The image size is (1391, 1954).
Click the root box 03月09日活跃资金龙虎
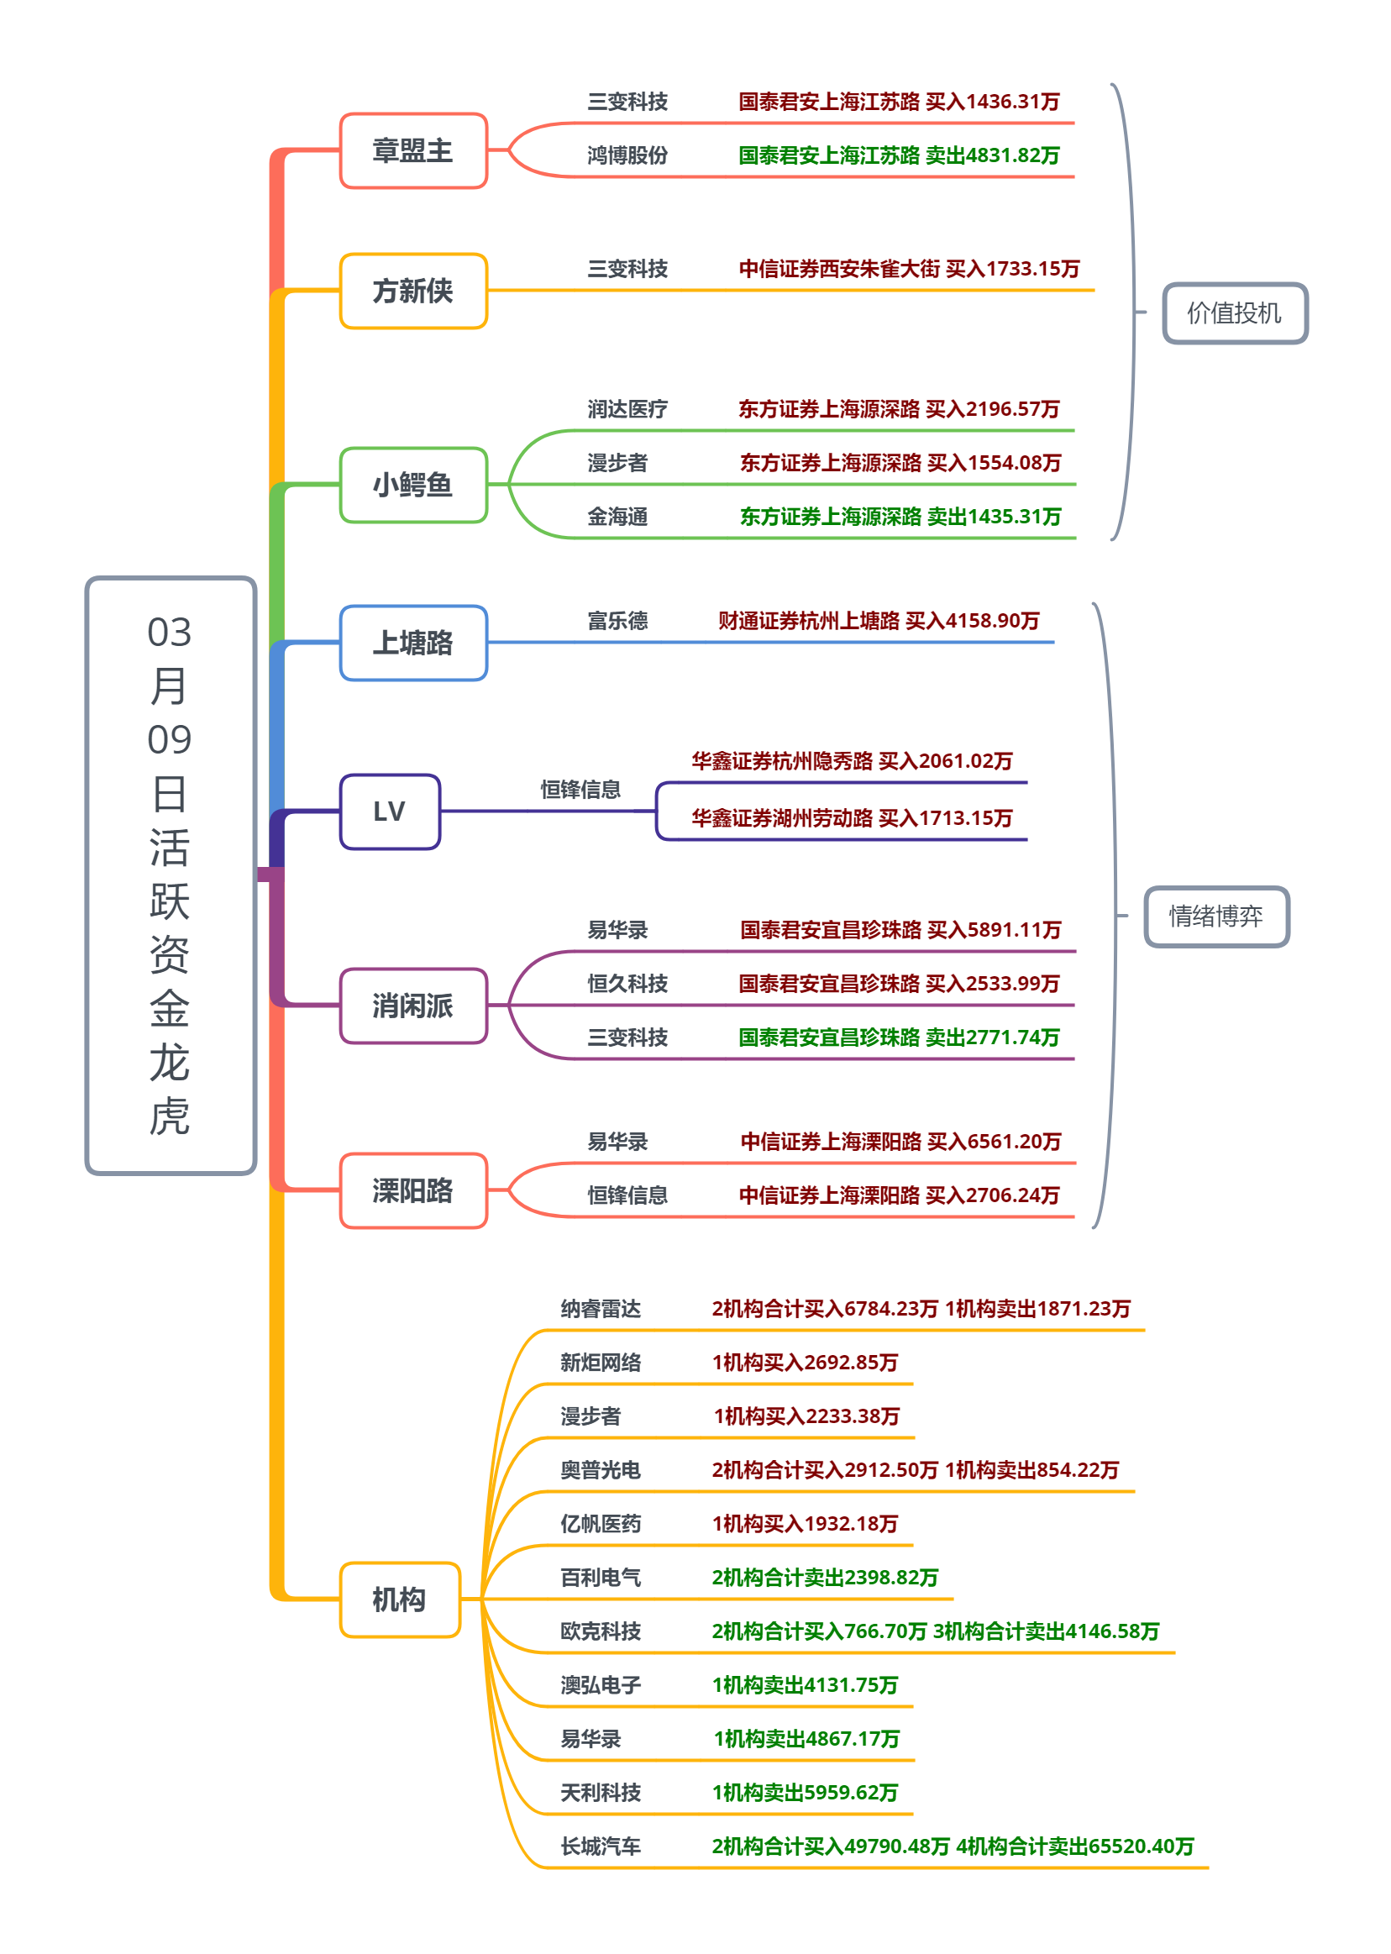pos(171,875)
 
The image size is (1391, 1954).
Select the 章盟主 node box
pos(412,150)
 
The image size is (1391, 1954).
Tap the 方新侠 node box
pos(412,292)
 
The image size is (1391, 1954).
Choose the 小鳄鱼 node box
pos(412,485)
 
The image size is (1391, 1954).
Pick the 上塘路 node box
pos(412,643)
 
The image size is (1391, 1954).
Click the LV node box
pos(390,812)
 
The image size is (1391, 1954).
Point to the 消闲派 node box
pos(412,1006)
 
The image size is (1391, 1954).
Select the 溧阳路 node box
pos(412,1190)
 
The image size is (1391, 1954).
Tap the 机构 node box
pos(399,1599)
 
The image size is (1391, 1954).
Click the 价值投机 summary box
pos(1234,313)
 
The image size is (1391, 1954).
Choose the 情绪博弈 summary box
pos(1216,917)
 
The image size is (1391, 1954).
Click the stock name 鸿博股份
pos(627,156)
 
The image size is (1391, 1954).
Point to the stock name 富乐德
pos(617,621)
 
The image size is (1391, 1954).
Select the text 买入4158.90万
pos(972,621)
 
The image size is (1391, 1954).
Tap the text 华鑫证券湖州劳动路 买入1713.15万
pos(852,818)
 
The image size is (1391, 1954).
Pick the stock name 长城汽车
pos(601,1847)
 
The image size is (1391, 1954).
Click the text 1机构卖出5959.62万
pos(805,1793)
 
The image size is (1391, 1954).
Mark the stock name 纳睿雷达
pos(601,1309)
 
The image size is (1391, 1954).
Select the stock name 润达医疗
pos(627,409)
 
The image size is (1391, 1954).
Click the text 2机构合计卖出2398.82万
pos(825,1578)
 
